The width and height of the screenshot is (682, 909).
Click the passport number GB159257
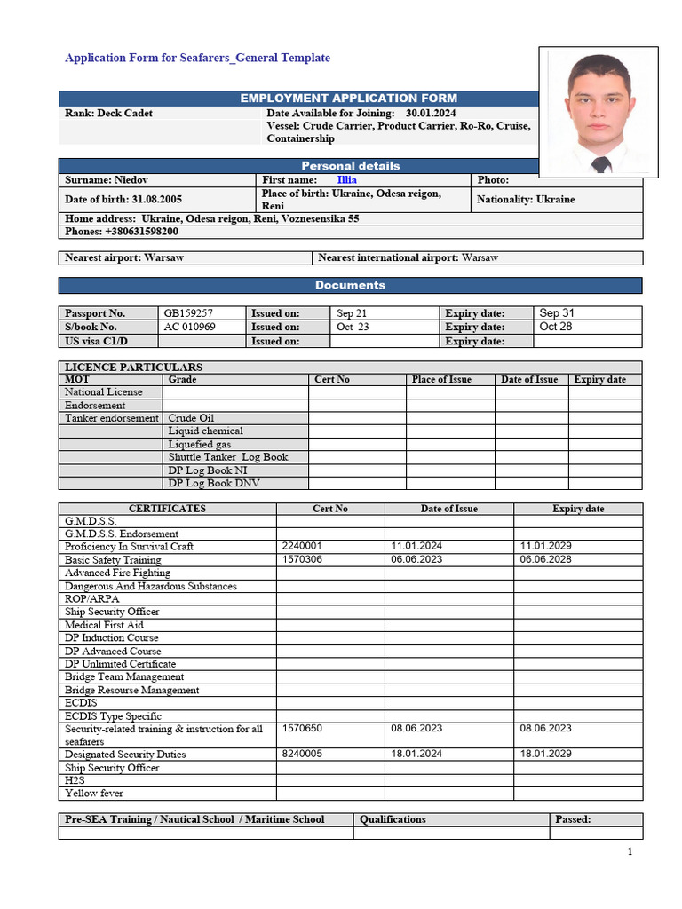pos(188,313)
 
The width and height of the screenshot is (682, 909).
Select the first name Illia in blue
pos(347,180)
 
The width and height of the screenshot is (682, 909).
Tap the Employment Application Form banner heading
pos(349,98)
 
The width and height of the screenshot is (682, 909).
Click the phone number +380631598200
pos(142,232)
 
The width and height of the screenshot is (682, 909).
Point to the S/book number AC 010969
pos(190,327)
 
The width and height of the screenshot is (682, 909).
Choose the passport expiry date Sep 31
pos(558,313)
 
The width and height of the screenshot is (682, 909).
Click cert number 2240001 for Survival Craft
pos(302,547)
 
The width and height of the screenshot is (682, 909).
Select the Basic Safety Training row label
pos(113,560)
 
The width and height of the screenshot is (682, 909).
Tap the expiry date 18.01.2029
pos(545,754)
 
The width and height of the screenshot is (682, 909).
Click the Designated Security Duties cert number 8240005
pos(302,754)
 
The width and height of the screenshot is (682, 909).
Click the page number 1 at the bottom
pos(630,852)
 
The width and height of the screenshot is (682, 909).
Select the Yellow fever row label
pos(94,794)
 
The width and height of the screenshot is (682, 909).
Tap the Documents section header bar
pos(350,285)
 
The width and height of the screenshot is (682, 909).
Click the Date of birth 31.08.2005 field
pos(123,200)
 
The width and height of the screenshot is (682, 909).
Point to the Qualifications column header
pos(393,819)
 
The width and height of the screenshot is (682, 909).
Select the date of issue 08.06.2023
pos(416,729)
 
